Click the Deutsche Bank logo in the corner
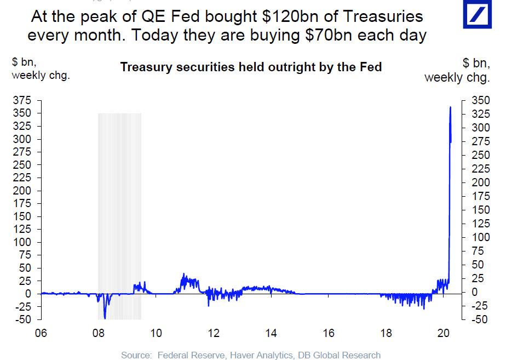click(x=481, y=14)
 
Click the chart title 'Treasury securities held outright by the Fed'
click(x=250, y=67)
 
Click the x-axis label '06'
click(x=41, y=334)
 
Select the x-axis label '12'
click(x=214, y=334)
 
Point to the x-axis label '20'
click(x=444, y=334)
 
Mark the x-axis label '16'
click(x=329, y=334)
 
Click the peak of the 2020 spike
click(x=450, y=107)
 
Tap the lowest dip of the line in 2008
click(x=105, y=318)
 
